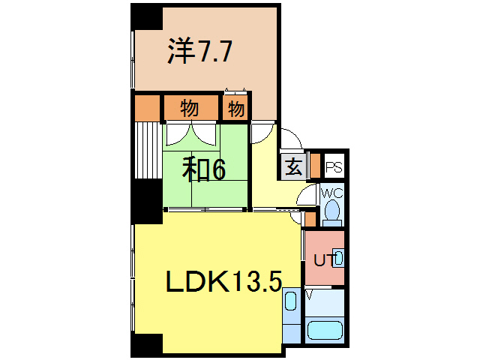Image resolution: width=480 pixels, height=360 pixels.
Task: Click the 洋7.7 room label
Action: [199, 52]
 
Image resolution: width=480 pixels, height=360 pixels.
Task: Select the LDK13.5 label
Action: [223, 282]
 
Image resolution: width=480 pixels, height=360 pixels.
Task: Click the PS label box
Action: [334, 167]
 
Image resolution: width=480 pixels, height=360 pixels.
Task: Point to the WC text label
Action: [332, 193]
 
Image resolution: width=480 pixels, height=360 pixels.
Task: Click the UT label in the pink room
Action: [322, 260]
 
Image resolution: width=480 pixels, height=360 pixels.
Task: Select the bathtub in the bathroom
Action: [325, 331]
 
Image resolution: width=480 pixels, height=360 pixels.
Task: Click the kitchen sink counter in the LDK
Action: [292, 315]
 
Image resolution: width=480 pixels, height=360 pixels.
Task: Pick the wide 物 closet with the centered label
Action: [190, 109]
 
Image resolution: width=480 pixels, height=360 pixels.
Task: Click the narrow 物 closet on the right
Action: [235, 109]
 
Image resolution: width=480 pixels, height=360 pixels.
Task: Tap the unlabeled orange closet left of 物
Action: [148, 108]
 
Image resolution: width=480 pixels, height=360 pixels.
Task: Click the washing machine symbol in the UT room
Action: [338, 259]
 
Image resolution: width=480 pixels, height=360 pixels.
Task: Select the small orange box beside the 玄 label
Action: [315, 164]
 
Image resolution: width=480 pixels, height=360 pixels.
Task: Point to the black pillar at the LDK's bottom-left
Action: [147, 344]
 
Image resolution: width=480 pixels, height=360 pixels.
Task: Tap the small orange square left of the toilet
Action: [310, 219]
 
